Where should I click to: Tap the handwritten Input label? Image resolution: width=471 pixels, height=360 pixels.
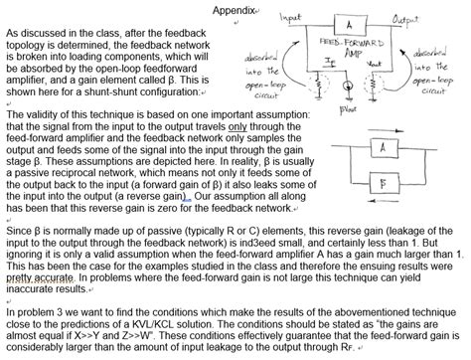(x=291, y=18)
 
